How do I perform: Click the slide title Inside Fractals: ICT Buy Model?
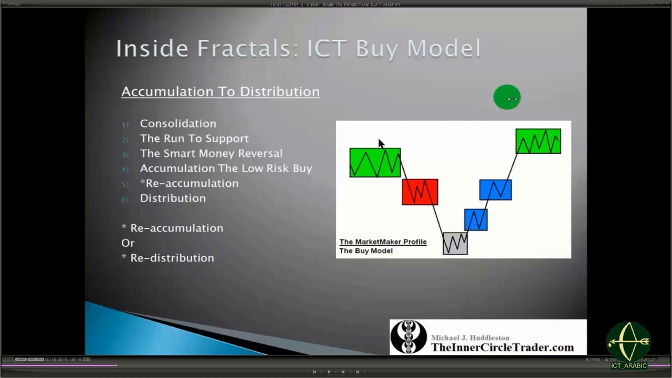[298, 48]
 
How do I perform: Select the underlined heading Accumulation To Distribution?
[220, 91]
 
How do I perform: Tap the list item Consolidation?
[178, 123]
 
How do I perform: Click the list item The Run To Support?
[194, 139]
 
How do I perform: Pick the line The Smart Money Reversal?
[211, 153]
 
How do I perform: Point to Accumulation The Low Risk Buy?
[226, 169]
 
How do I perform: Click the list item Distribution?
[173, 198]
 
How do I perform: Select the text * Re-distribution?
[168, 258]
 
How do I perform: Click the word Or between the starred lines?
[128, 243]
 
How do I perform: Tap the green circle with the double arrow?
[507, 98]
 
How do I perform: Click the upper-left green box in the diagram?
[375, 163]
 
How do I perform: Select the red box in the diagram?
[419, 192]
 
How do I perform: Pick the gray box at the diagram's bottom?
[455, 244]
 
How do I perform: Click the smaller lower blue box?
[476, 219]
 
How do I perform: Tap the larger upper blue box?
[495, 190]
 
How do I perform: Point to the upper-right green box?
[538, 141]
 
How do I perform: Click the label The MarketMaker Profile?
[383, 242]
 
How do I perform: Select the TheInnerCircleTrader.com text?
[502, 348]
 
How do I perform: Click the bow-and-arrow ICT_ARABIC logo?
[628, 342]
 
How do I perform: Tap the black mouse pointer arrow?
[381, 143]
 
